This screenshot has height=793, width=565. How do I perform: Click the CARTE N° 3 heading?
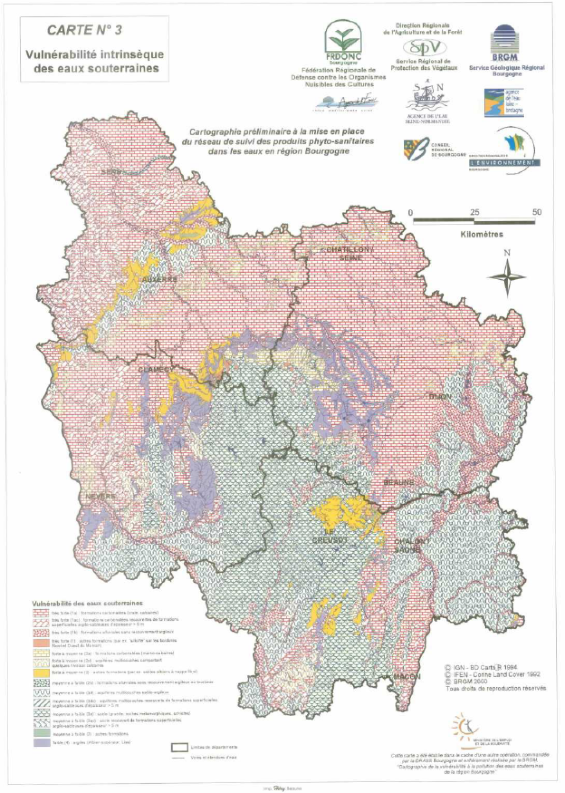[x=84, y=30]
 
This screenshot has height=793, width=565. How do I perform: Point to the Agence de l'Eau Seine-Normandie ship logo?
[x=427, y=98]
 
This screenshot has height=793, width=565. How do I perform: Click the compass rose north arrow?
[x=507, y=276]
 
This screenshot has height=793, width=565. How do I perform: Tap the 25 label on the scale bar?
[x=475, y=212]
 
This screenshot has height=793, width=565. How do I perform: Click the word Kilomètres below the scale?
[x=482, y=235]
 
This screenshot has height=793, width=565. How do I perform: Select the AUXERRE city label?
[x=159, y=280]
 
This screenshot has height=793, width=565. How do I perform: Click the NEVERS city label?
[x=101, y=496]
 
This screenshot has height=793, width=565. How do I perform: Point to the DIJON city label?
[x=440, y=397]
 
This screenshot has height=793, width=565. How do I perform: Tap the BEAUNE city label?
[x=399, y=482]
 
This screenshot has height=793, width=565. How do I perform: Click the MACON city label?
[x=406, y=677]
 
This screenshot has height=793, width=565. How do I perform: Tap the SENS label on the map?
[x=112, y=172]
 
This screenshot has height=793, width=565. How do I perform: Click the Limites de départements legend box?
[x=180, y=747]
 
